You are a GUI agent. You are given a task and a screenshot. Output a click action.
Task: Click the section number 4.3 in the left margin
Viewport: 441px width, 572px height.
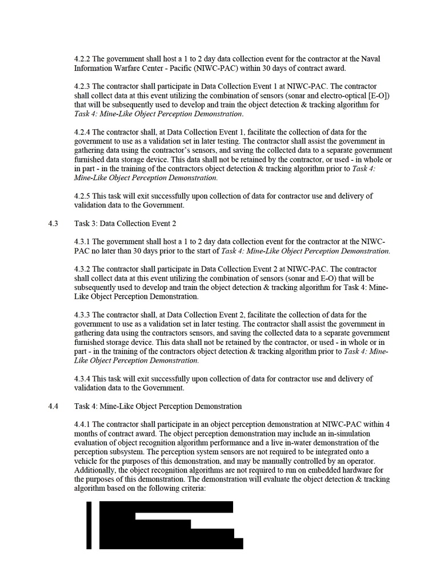point(54,224)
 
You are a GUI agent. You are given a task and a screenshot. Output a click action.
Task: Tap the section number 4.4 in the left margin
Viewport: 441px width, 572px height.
point(54,406)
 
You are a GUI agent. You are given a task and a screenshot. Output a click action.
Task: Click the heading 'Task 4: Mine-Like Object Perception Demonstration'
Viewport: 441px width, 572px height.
point(158,406)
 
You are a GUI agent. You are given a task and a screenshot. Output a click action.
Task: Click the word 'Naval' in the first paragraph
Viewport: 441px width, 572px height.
point(370,59)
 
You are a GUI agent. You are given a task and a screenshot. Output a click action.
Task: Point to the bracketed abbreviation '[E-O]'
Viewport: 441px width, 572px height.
point(375,96)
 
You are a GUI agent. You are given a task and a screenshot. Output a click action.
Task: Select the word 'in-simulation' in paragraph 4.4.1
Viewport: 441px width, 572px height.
point(339,434)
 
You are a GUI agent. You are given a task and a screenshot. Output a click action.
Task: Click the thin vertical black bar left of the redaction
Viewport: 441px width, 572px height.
point(89,525)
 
